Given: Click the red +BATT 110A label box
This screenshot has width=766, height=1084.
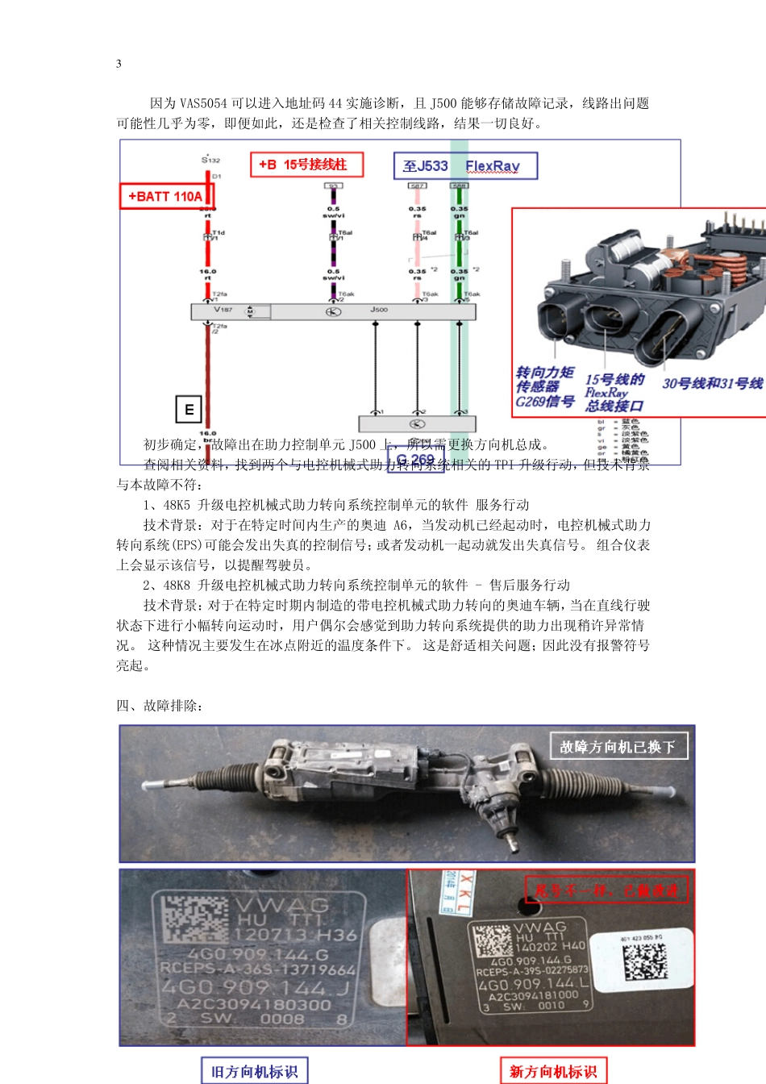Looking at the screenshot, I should [166, 196].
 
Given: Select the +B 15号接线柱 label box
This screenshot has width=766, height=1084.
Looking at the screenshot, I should [306, 165].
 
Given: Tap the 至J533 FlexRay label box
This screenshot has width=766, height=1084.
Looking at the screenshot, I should [464, 166].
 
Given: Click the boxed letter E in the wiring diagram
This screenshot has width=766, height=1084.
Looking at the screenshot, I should [188, 409].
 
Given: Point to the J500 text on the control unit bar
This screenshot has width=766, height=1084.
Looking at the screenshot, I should [379, 310].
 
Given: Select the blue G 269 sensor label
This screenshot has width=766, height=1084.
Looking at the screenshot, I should [415, 460].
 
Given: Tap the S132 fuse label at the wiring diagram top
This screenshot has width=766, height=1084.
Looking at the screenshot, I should [210, 160].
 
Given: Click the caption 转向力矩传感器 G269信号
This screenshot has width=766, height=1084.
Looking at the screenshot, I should [545, 386].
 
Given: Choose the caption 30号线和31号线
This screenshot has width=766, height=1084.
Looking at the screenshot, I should [712, 383].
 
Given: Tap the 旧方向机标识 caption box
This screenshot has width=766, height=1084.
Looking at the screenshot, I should [254, 1071].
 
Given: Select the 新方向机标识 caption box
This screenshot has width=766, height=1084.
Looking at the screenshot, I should [553, 1071].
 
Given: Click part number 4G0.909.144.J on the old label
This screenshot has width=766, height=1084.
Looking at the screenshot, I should [256, 987].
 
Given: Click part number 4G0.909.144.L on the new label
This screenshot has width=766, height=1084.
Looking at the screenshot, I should [534, 984].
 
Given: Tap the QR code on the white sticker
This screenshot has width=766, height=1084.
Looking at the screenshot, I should [645, 960].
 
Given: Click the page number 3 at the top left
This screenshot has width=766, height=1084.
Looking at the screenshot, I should [119, 64].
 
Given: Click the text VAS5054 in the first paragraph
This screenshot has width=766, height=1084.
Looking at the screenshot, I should [203, 103].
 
